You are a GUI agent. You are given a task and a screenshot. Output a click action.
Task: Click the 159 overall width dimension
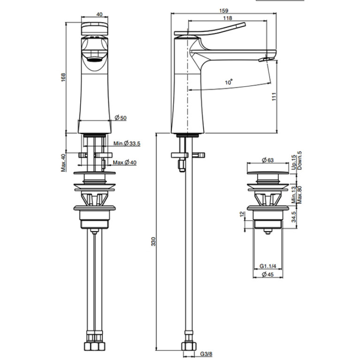[x=223, y=11]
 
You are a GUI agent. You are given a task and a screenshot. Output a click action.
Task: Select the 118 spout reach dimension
[x=227, y=18]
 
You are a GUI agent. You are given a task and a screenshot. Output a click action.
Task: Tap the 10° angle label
[x=229, y=82]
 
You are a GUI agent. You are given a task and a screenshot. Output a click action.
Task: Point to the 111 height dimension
[x=274, y=96]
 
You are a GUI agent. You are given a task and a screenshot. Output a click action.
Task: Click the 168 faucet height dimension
[x=63, y=77]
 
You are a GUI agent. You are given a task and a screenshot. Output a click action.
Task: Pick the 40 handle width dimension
[x=99, y=14]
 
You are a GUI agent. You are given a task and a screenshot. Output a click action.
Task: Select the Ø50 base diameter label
[x=121, y=118]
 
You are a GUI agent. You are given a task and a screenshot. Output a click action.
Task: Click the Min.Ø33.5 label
[x=127, y=144]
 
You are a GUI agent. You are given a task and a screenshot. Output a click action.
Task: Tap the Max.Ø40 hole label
[x=125, y=162]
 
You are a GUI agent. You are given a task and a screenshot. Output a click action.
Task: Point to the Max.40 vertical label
[x=63, y=163]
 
